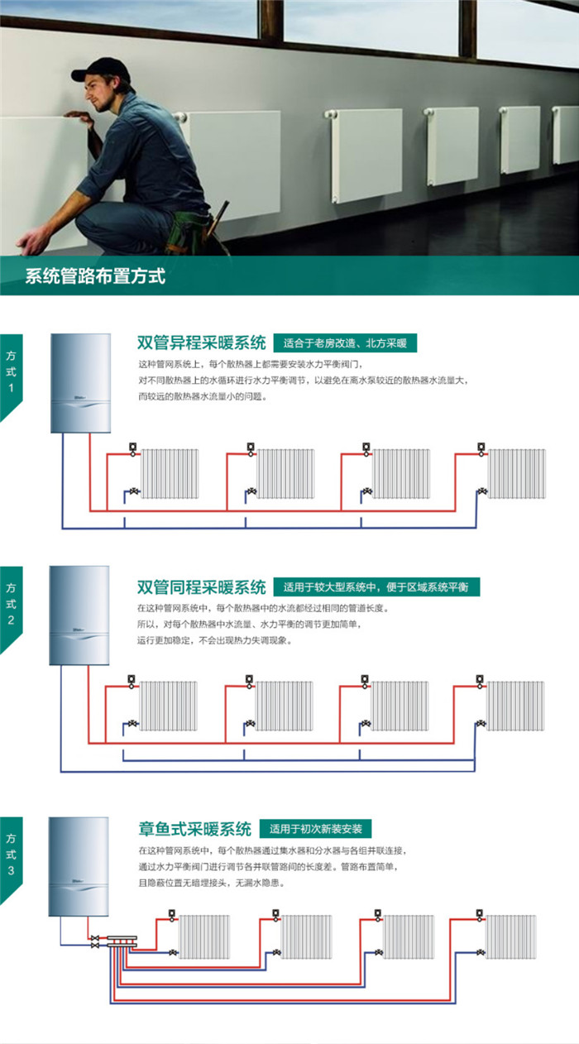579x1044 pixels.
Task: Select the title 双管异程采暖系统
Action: pos(201,343)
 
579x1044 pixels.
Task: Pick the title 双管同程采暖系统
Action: pos(201,587)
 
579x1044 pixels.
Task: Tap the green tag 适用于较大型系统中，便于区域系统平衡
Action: pos(376,587)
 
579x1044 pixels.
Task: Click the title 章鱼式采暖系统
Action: pos(194,829)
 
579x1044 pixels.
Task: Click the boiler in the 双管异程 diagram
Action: pos(80,382)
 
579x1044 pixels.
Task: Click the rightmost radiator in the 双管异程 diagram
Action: pos(515,474)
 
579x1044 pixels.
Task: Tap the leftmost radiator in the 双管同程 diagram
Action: pos(169,706)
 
